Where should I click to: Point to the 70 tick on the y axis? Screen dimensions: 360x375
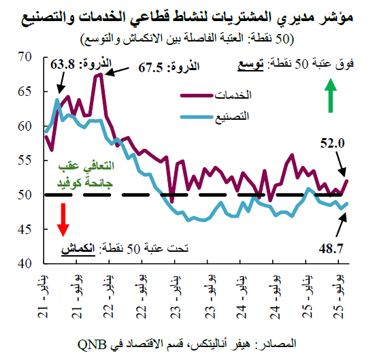click(x=25, y=57)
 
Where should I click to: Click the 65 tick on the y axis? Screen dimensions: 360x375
click(x=25, y=91)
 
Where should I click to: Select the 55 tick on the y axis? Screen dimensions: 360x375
click(x=25, y=160)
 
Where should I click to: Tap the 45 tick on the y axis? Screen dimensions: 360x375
click(x=25, y=229)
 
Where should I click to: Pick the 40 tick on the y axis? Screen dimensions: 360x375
click(x=25, y=263)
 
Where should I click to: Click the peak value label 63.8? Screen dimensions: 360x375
click(x=64, y=66)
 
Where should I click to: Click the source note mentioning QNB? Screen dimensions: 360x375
click(x=188, y=341)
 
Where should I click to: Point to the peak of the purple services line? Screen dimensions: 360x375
click(x=99, y=74)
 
